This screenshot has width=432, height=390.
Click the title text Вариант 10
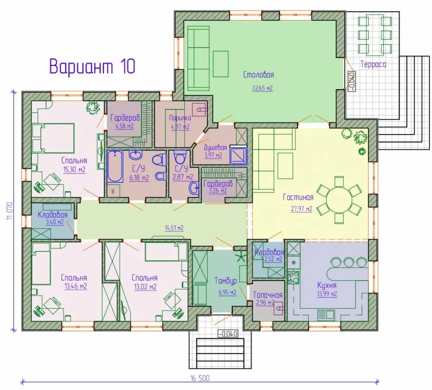click(x=92, y=66)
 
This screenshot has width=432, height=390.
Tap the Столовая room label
click(x=258, y=75)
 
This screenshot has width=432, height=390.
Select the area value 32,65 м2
click(x=262, y=88)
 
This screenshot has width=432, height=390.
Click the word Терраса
click(x=373, y=64)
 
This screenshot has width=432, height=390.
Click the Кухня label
click(x=327, y=285)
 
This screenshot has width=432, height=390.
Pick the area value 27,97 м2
click(x=302, y=208)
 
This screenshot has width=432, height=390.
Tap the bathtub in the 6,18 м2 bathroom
click(x=115, y=166)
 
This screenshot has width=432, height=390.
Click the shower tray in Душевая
click(x=238, y=156)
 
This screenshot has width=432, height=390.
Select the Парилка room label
click(x=180, y=118)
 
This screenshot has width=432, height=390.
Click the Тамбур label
click(x=226, y=281)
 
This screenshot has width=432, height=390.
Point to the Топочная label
click(x=267, y=295)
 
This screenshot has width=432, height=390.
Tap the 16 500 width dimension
click(x=200, y=378)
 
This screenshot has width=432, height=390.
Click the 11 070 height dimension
click(x=10, y=211)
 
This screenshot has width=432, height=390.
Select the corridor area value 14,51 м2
click(x=174, y=228)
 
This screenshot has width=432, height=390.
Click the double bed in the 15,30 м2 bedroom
click(x=54, y=138)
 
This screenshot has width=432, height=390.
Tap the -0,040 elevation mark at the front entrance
click(x=228, y=334)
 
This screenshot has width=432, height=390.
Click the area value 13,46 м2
click(x=76, y=286)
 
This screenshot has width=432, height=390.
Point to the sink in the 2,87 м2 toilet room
click(x=194, y=189)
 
